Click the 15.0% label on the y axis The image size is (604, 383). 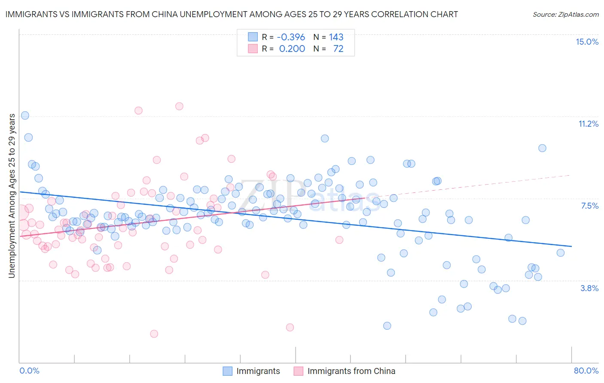[587, 42]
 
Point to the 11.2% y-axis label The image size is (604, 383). [588, 124]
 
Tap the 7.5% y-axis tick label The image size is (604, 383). [589, 206]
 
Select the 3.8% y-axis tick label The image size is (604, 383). [589, 288]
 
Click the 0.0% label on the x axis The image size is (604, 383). [30, 371]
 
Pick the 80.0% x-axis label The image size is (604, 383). [586, 371]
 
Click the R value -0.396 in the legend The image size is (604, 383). [291, 37]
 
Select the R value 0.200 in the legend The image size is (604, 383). [292, 49]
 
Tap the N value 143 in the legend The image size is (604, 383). [336, 37]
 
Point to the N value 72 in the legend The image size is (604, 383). [338, 49]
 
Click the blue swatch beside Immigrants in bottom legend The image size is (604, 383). [227, 371]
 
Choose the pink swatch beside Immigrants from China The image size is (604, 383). [299, 371]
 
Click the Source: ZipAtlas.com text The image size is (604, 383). [565, 14]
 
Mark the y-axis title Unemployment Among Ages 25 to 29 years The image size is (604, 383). [12, 196]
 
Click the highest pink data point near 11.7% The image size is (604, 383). [179, 106]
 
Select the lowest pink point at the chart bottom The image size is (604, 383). [154, 334]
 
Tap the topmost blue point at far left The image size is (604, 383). [25, 116]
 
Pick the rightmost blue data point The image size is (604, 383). [560, 252]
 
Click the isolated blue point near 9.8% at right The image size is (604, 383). [542, 148]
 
